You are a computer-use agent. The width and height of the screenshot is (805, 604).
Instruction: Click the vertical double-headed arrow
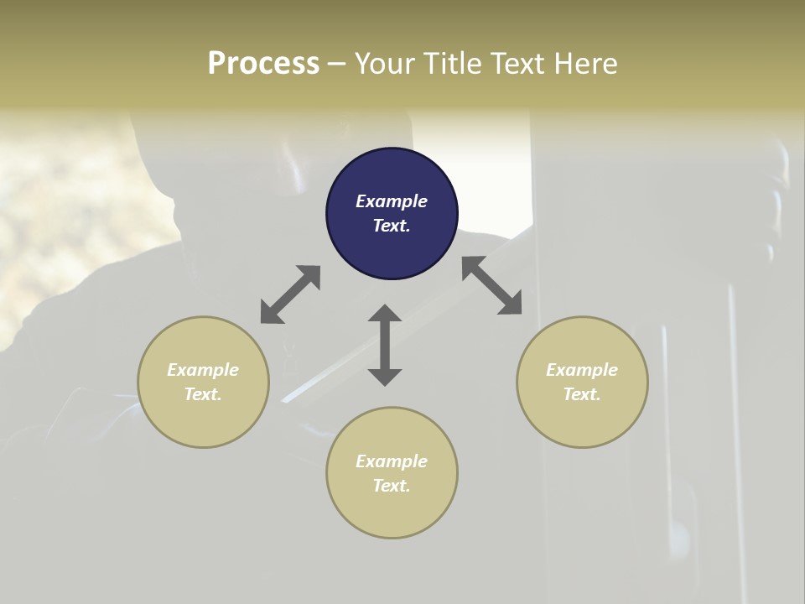point(385,345)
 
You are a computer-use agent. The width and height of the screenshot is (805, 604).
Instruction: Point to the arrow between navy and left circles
point(290,294)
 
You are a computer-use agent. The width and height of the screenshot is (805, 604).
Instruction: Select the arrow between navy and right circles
point(492,285)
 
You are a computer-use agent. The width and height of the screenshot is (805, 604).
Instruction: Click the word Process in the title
point(263,63)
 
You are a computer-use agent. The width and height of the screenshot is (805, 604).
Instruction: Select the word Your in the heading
point(384,63)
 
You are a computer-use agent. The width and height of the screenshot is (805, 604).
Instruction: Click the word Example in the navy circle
point(392,201)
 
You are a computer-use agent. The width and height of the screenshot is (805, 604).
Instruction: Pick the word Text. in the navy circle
point(392,226)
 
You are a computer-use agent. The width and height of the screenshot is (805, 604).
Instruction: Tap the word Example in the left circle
point(203,370)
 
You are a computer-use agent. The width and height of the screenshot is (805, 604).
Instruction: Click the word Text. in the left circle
point(203,394)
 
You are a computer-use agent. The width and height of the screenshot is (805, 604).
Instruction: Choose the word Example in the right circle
point(582,370)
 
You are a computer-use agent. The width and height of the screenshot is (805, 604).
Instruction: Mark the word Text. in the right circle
point(582,394)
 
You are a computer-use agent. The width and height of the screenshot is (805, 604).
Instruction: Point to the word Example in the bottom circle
point(392,461)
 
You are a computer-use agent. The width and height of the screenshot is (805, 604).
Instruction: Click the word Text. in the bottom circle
point(392,486)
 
